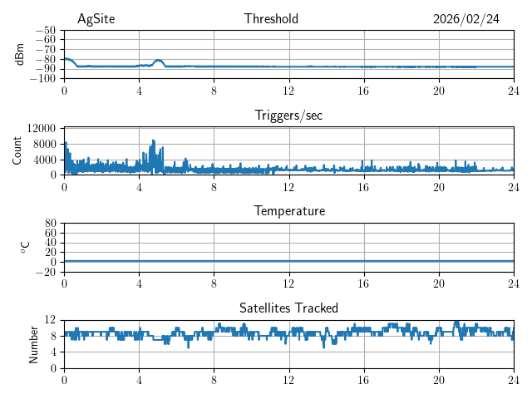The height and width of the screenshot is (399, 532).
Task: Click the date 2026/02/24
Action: tap(466, 19)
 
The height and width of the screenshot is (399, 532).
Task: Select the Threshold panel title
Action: tap(271, 19)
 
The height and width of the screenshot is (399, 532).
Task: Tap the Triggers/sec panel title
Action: tap(288, 116)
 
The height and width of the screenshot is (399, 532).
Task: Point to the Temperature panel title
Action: tap(288, 211)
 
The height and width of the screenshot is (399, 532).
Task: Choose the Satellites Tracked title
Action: tap(288, 308)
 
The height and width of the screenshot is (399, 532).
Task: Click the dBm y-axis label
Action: tap(21, 54)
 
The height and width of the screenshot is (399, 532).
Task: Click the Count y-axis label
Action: tap(17, 150)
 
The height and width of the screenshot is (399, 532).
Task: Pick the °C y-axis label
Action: tap(25, 247)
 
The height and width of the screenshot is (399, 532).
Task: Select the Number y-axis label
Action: tap(33, 343)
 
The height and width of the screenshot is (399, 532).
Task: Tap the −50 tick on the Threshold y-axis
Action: tap(45, 30)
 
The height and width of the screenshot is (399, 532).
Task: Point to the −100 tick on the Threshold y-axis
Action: tap(42, 79)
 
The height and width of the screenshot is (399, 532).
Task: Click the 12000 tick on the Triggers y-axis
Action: tap(41, 128)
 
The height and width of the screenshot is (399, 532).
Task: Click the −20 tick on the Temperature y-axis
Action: tap(45, 272)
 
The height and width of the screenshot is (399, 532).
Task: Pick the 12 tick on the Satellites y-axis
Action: tap(50, 320)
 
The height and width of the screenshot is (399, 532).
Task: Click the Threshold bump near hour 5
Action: tap(158, 61)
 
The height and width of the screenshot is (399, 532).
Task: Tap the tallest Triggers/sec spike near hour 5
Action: tap(153, 141)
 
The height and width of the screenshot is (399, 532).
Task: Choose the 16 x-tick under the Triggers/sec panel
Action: tap(363, 186)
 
